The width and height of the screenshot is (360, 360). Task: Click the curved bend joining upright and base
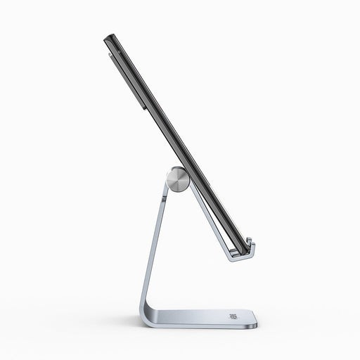(146, 313)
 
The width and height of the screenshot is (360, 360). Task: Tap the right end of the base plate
(255, 321)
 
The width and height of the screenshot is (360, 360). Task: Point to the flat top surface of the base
(204, 317)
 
